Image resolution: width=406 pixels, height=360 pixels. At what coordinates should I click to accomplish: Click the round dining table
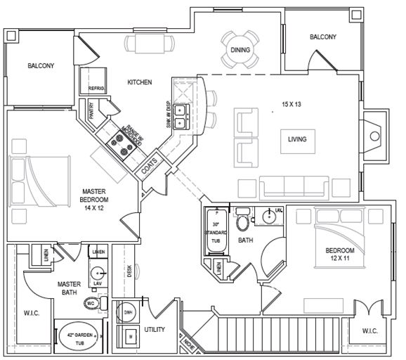[x=241, y=49]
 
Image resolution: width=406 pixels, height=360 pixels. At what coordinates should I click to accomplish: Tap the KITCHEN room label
[x=139, y=82]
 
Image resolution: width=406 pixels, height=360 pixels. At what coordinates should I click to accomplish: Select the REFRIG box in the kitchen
[x=96, y=89]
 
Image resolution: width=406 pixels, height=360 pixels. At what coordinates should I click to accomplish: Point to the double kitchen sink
[x=181, y=116]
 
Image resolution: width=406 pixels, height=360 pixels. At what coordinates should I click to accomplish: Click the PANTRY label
[x=91, y=112]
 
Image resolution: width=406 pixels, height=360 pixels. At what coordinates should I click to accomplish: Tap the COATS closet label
[x=150, y=167]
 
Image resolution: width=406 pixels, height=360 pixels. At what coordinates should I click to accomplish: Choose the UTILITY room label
[x=155, y=329]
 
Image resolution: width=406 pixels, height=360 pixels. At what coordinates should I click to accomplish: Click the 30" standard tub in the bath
[x=214, y=231]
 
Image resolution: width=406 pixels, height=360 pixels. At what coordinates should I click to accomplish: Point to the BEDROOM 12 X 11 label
[x=339, y=255]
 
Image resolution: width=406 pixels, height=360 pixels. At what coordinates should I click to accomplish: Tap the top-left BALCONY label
[x=41, y=66]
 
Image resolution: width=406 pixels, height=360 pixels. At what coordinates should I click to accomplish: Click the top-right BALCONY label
[x=322, y=37]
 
